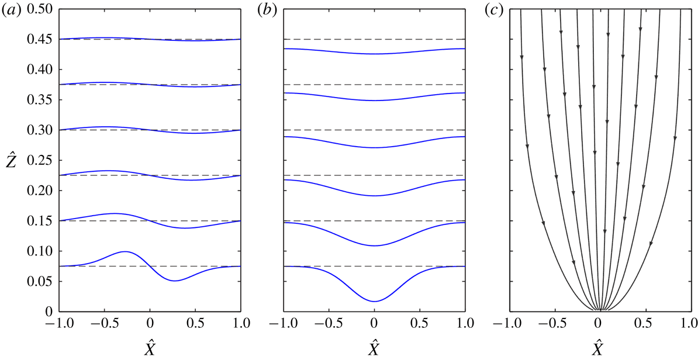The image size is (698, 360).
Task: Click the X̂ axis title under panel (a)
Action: point(150,347)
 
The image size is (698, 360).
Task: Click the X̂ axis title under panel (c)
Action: point(597,347)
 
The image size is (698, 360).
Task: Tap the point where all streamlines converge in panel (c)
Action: point(597,311)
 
